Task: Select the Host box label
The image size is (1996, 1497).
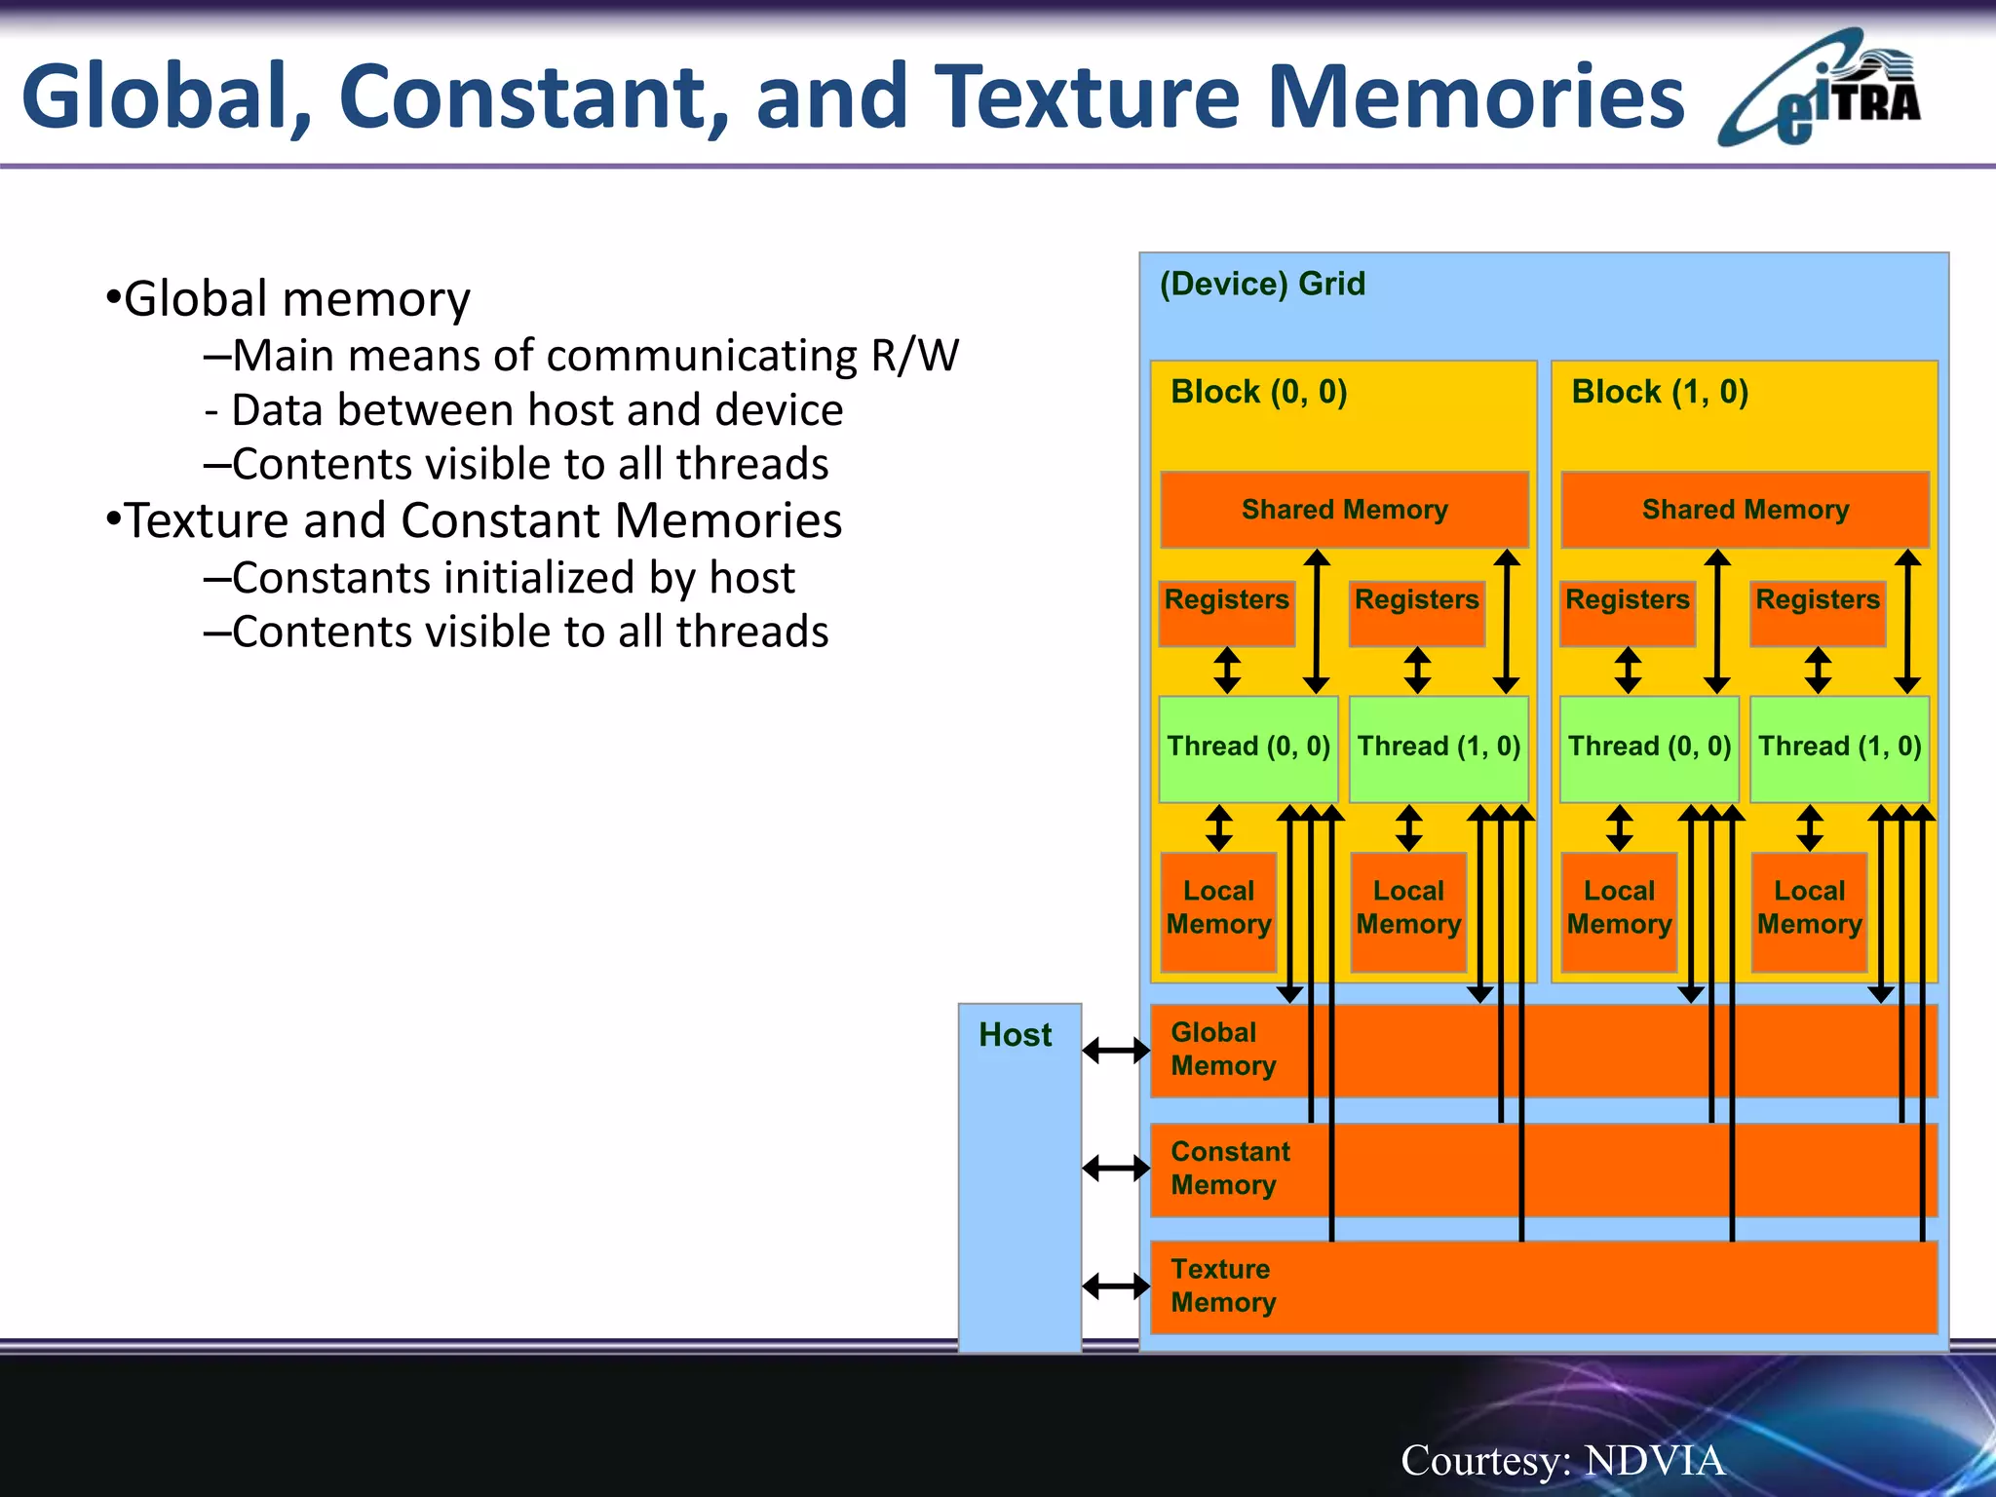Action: click(1015, 1034)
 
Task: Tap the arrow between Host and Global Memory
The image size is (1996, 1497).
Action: click(1115, 1050)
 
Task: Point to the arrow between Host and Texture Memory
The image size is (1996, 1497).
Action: click(1115, 1286)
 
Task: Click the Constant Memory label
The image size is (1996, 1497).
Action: click(1229, 1168)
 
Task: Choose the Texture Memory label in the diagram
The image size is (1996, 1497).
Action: click(1222, 1286)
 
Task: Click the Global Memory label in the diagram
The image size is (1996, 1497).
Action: click(1222, 1049)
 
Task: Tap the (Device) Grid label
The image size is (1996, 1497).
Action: click(1262, 284)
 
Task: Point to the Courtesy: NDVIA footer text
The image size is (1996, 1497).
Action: click(1562, 1460)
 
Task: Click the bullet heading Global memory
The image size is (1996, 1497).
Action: click(296, 298)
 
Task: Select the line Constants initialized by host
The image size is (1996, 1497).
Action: click(513, 577)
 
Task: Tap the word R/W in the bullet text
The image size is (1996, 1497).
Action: click(914, 355)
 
